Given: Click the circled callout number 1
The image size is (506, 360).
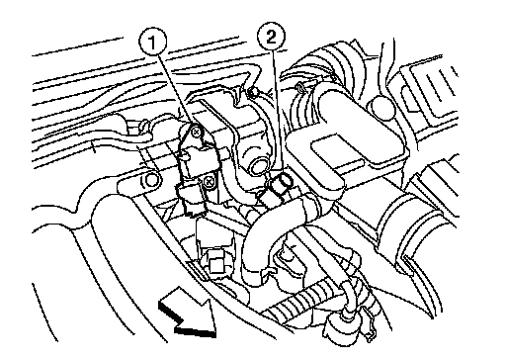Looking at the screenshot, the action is [x=152, y=43].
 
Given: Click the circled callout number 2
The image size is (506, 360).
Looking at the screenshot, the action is [x=271, y=37].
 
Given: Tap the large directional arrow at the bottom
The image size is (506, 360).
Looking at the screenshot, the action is [x=188, y=313].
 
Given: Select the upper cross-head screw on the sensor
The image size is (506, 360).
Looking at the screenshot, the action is [x=197, y=132].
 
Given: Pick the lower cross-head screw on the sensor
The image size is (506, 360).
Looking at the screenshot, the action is [x=209, y=181].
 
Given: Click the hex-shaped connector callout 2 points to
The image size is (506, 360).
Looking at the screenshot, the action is [x=279, y=191].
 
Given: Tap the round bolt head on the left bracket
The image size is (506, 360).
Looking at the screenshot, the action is [x=152, y=180].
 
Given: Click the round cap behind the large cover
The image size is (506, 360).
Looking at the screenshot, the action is [x=381, y=107].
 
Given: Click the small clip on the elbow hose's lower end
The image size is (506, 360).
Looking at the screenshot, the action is [x=268, y=272].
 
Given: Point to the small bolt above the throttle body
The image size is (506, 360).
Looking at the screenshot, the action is [x=253, y=93].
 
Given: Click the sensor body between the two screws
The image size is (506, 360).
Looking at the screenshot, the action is [x=195, y=157].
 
